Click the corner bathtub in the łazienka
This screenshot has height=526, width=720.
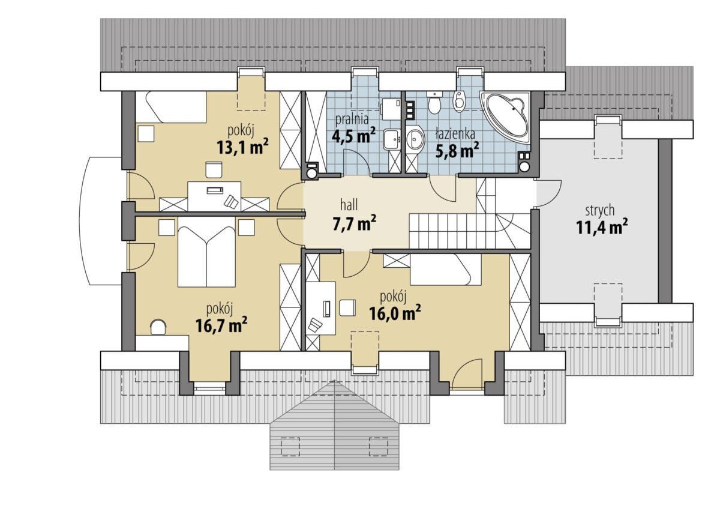506,114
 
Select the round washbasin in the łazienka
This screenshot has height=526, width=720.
415,138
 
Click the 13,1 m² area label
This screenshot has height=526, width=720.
242,147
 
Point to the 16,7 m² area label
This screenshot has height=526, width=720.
221,325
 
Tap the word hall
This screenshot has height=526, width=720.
349,205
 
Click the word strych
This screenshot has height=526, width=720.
600,211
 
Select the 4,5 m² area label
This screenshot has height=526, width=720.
353,136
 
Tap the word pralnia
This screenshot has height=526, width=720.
352,119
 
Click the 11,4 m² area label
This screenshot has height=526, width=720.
601,227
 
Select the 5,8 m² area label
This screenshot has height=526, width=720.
457,150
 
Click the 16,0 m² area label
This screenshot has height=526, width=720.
395,312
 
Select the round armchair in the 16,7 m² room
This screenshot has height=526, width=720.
158,327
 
